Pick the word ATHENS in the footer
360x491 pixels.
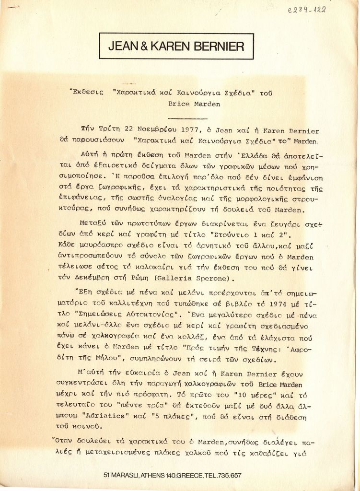point(152,475)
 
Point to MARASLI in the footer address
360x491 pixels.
point(125,475)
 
